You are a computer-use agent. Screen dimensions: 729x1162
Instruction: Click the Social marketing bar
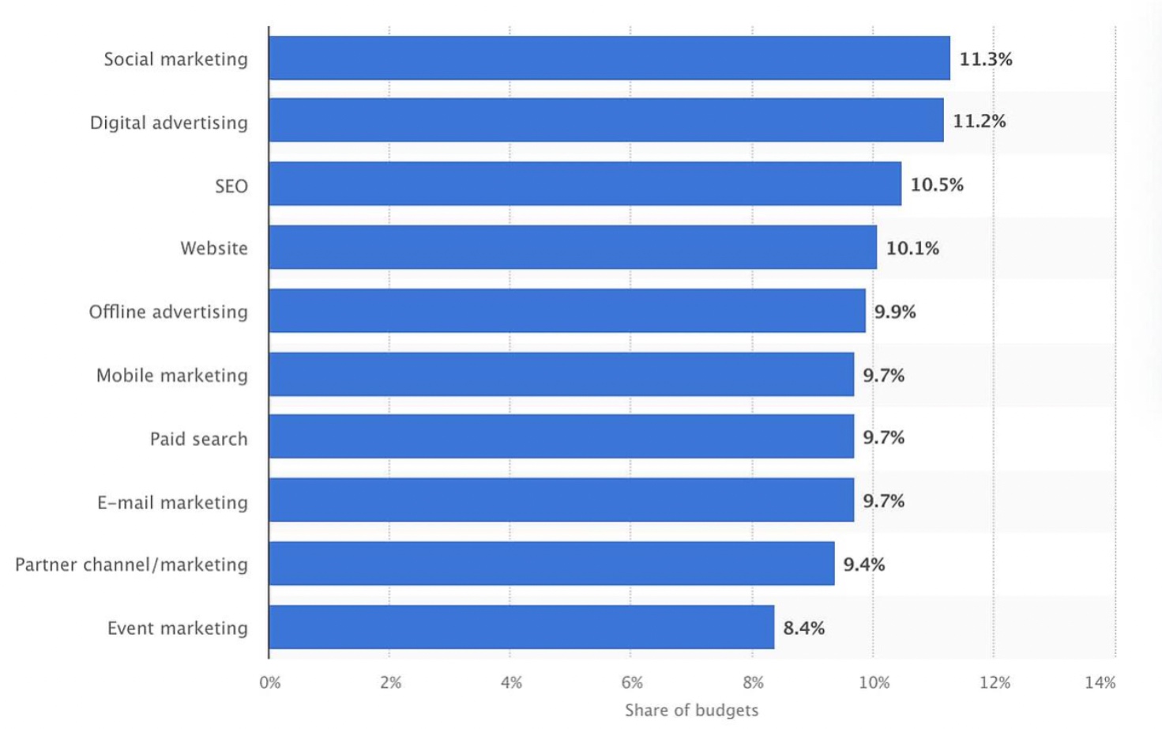tap(608, 58)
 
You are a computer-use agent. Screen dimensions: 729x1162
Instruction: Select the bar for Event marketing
tap(521, 627)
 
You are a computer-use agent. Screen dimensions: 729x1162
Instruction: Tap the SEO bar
tap(585, 183)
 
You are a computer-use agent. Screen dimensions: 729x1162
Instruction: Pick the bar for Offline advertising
tap(566, 311)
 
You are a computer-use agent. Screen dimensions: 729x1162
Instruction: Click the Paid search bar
tap(561, 436)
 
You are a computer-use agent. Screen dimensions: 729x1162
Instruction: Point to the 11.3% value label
tap(985, 59)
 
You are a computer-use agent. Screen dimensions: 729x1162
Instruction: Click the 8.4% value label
tap(803, 628)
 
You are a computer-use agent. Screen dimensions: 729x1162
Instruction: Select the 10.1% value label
tap(912, 248)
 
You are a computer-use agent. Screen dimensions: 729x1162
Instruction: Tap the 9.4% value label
tap(863, 565)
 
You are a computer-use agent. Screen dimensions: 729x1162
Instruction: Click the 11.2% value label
tap(979, 121)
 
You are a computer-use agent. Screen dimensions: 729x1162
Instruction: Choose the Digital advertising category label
tap(168, 123)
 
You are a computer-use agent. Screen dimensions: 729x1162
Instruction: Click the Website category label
tap(214, 248)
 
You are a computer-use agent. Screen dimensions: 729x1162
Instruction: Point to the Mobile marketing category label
tap(171, 376)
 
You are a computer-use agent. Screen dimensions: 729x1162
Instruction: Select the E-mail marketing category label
tap(172, 502)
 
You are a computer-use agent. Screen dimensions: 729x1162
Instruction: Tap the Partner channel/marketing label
tap(131, 565)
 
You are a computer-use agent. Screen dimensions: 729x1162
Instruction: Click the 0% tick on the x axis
tap(270, 682)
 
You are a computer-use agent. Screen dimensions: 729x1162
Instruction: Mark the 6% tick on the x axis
tap(632, 682)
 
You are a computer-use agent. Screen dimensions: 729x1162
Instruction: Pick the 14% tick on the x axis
tap(1100, 682)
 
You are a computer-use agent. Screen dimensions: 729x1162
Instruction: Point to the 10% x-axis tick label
tap(874, 682)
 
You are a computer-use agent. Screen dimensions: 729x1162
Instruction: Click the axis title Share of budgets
tap(691, 710)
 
